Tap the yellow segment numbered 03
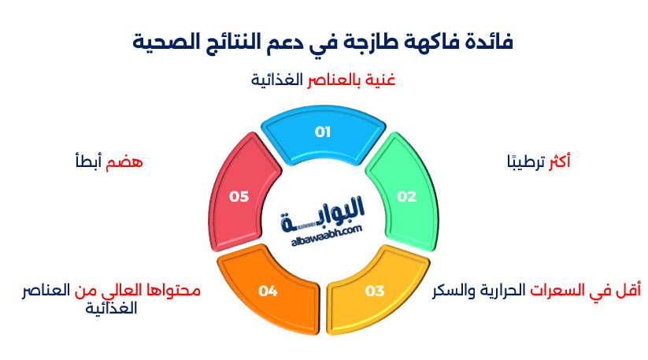[x=374, y=291]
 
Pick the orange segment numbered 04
[x=268, y=291]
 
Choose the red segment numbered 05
[x=239, y=197]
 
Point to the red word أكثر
[x=557, y=161]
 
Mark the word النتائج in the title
[x=239, y=43]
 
